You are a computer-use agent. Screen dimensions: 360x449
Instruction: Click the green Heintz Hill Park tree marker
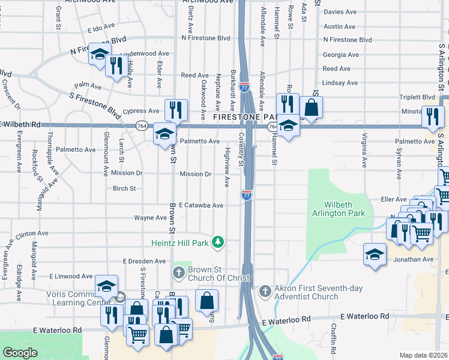click(x=219, y=243)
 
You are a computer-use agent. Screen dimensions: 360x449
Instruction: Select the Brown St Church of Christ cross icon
click(x=178, y=274)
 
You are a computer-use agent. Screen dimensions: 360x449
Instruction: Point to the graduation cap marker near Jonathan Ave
click(x=375, y=254)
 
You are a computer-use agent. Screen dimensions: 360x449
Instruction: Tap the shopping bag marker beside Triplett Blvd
click(x=312, y=108)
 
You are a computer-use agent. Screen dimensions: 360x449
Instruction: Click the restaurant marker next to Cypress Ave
click(x=176, y=110)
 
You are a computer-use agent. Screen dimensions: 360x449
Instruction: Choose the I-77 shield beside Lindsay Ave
click(x=244, y=87)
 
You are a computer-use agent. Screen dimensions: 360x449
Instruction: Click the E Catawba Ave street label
click(x=200, y=205)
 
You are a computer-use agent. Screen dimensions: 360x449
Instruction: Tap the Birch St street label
click(x=124, y=188)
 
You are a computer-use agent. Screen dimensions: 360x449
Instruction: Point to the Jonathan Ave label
click(x=413, y=259)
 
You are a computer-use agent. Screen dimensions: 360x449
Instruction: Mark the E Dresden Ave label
click(x=144, y=262)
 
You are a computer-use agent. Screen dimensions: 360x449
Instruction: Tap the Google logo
click(x=20, y=353)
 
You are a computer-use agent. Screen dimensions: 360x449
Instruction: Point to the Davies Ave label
click(x=340, y=12)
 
